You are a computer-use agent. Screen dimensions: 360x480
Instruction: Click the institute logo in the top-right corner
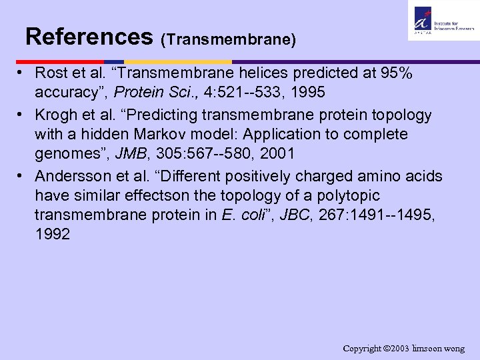click(443, 21)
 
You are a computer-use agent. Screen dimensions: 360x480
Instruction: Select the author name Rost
click(51, 71)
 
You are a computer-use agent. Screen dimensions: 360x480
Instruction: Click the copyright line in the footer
click(403, 349)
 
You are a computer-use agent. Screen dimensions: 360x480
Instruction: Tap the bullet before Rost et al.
click(22, 71)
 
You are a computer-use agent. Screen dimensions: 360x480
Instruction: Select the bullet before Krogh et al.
click(22, 115)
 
